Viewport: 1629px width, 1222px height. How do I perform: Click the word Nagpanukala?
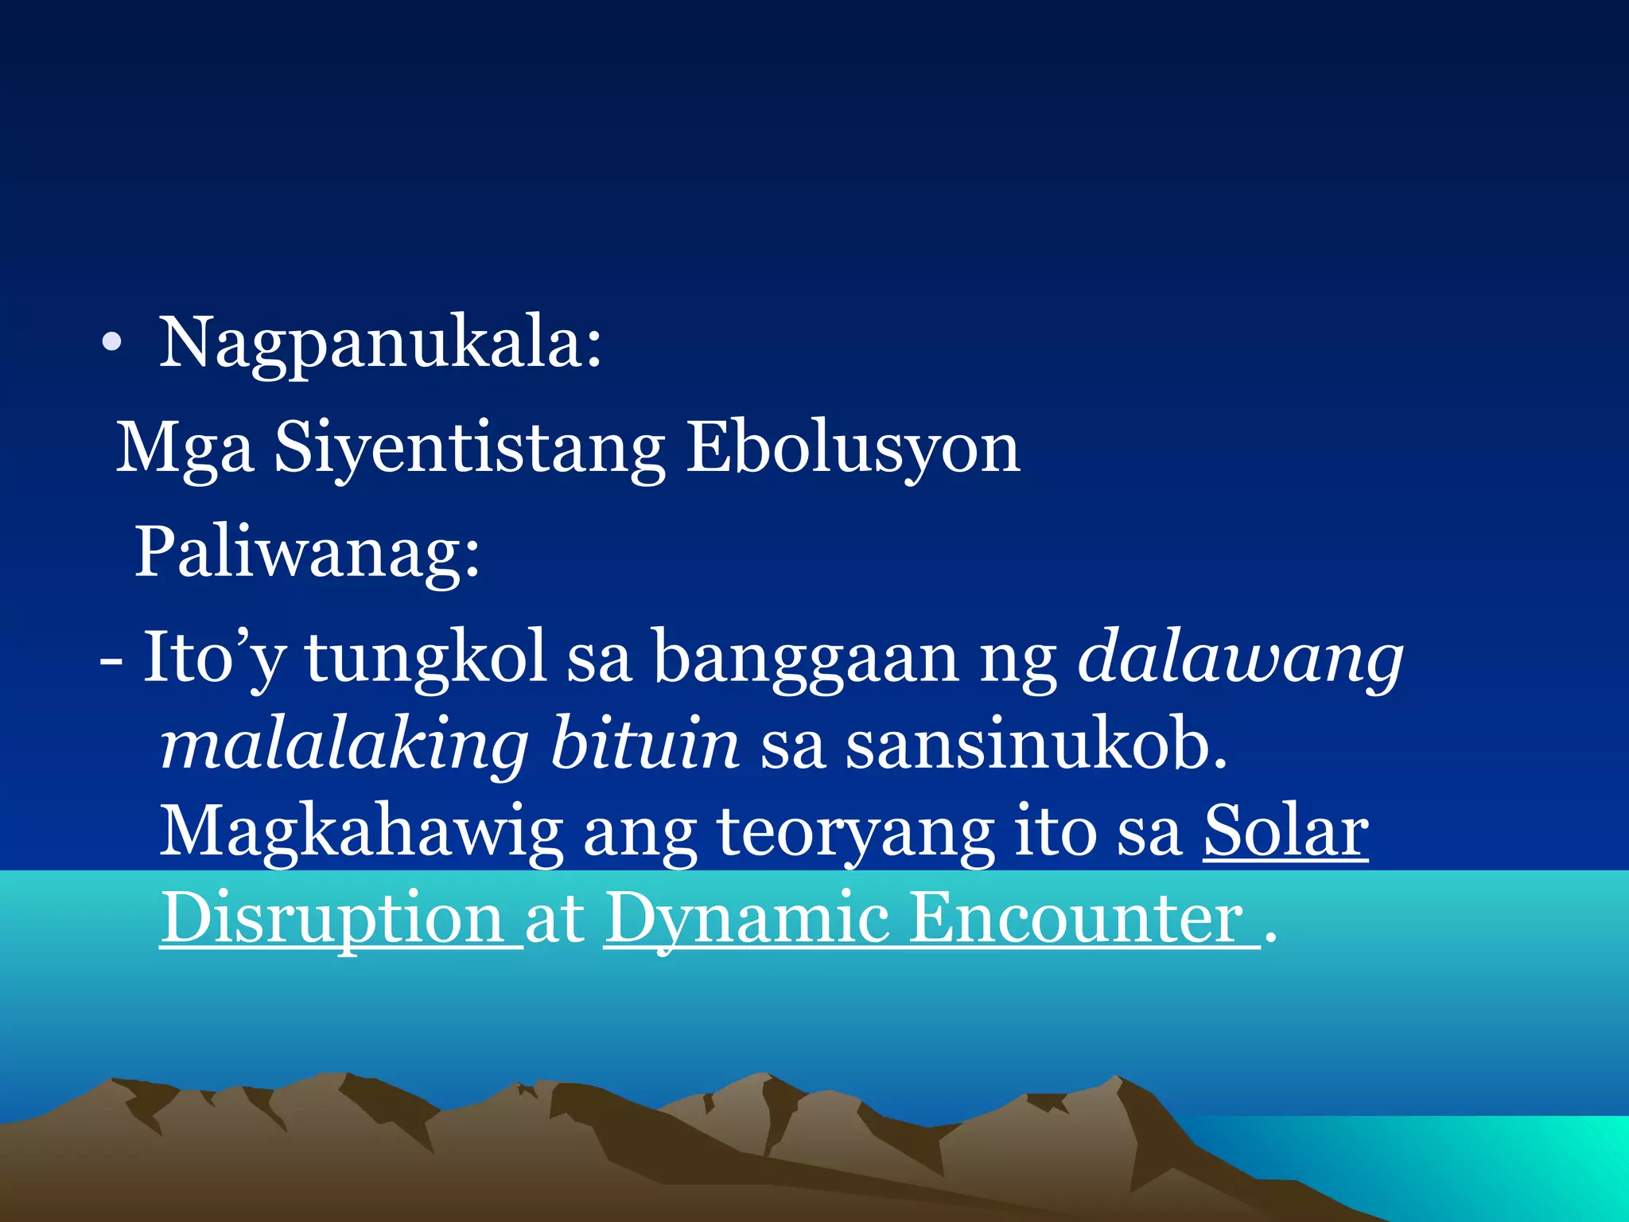(x=374, y=344)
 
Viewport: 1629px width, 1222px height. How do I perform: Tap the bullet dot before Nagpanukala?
(x=112, y=343)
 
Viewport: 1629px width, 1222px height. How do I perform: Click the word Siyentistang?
(x=469, y=449)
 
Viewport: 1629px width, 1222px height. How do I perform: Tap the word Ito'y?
(x=214, y=658)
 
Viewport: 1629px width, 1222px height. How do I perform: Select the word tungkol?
(x=426, y=658)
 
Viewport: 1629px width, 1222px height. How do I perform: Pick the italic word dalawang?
(x=1240, y=658)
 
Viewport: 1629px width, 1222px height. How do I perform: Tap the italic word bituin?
(x=645, y=745)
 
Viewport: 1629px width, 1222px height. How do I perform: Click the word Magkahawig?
(x=362, y=832)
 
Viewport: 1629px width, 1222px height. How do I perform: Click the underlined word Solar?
(x=1285, y=832)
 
